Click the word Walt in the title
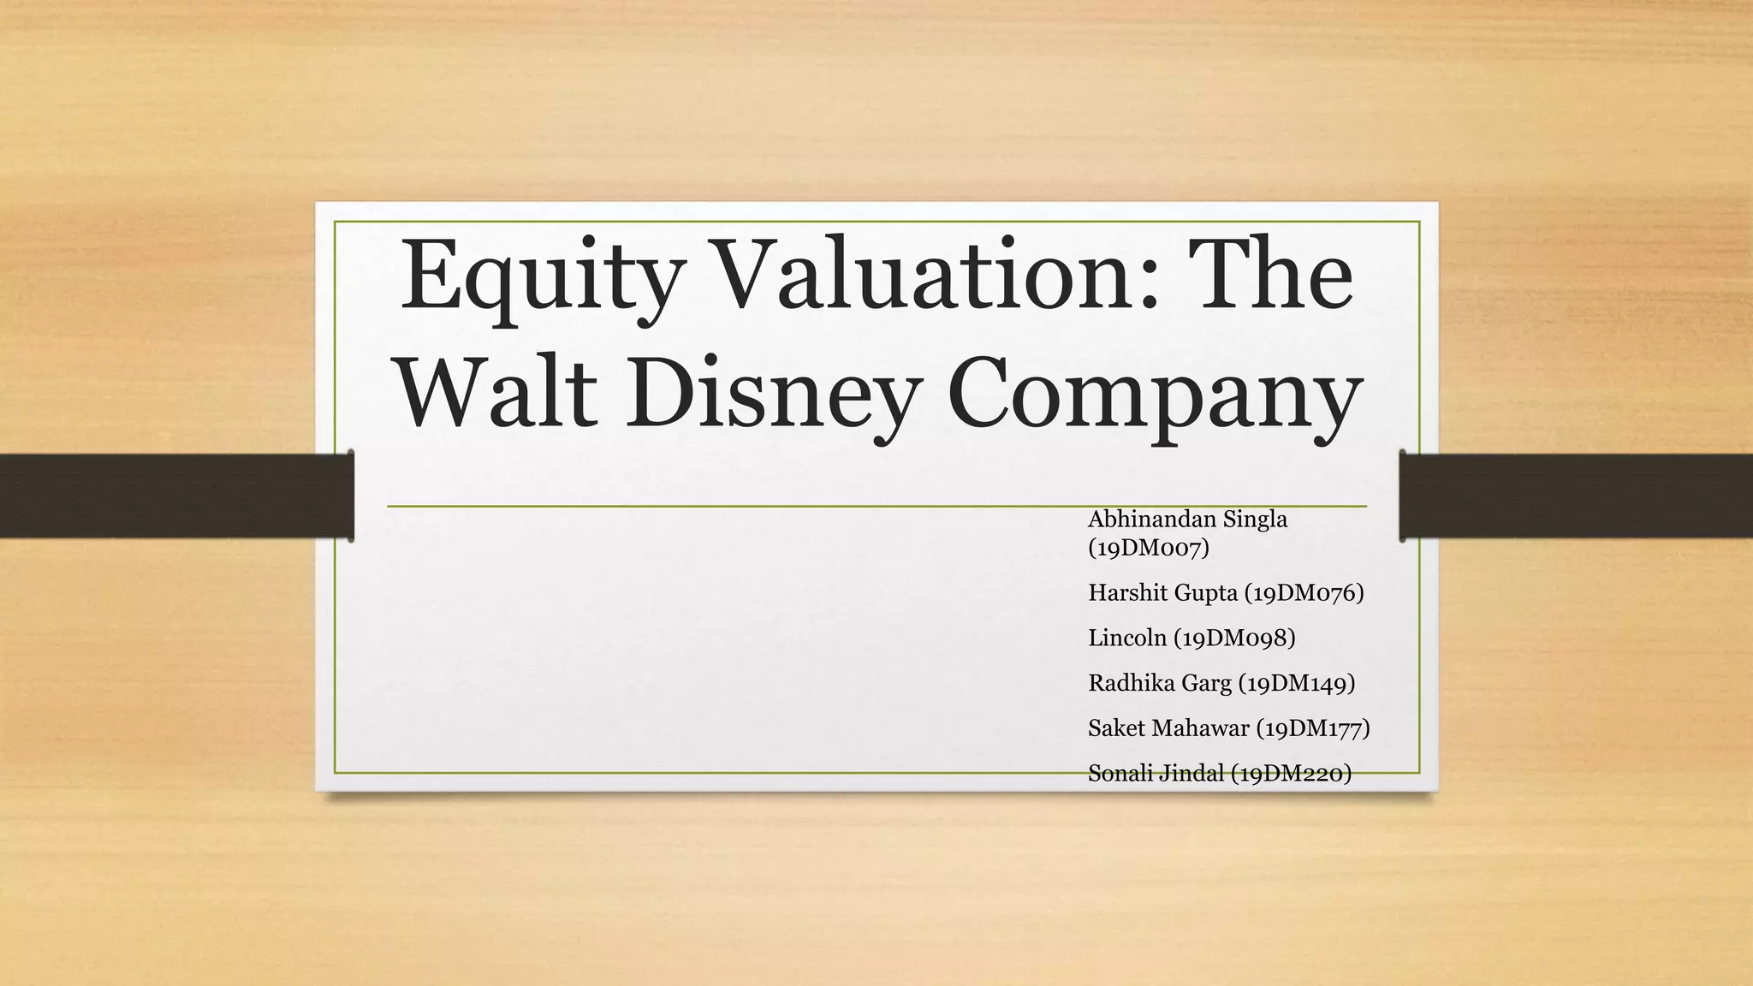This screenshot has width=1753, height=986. [x=497, y=395]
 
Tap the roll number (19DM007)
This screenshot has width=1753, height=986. [x=1149, y=547]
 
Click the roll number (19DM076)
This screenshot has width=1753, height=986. [x=1304, y=592]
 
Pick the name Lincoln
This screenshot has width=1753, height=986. [x=1127, y=638]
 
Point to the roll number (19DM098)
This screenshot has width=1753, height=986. [x=1234, y=638]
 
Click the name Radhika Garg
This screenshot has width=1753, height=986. [x=1160, y=683]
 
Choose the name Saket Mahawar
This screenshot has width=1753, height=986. [x=1168, y=728]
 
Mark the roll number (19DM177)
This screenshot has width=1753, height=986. [x=1313, y=728]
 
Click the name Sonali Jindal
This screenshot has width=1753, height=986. [x=1156, y=774]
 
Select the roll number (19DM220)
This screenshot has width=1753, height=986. [x=1292, y=774]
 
